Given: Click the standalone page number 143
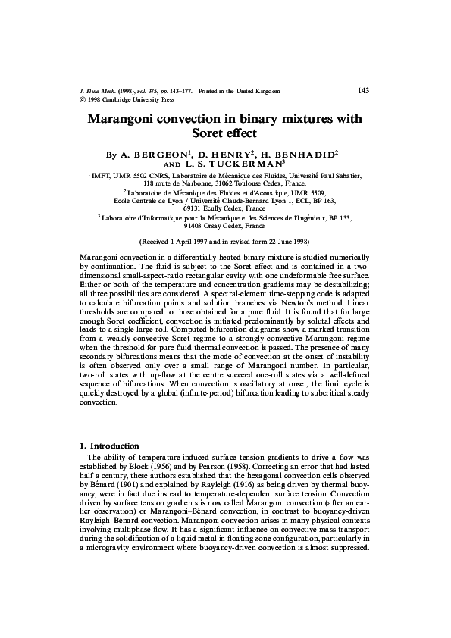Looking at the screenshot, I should pyautogui.click(x=362, y=91).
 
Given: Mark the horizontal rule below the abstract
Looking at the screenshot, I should pyautogui.click(x=224, y=418).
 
